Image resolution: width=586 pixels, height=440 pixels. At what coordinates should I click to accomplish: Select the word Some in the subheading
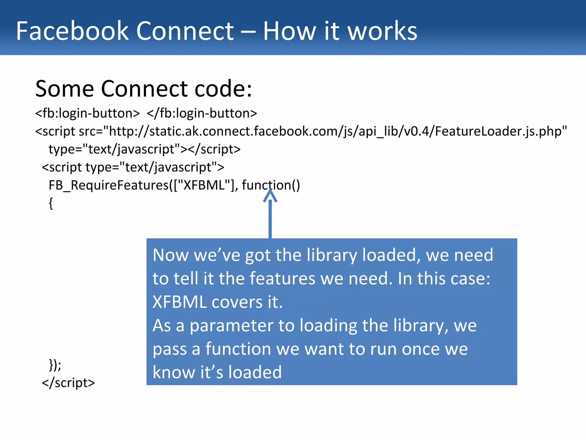click(x=64, y=89)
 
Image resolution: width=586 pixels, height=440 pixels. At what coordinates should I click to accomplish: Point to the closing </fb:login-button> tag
click(x=202, y=113)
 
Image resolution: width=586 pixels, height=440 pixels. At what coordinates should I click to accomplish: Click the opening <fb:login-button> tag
click(x=88, y=113)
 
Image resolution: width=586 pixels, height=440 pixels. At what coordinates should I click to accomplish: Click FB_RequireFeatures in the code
click(x=109, y=185)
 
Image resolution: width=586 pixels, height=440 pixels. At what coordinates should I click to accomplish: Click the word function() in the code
click(x=271, y=185)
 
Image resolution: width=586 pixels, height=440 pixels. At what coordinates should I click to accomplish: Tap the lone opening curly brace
click(x=51, y=203)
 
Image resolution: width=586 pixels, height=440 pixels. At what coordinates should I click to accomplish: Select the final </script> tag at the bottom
click(x=68, y=383)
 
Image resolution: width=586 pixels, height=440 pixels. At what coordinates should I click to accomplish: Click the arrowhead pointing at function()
click(x=270, y=196)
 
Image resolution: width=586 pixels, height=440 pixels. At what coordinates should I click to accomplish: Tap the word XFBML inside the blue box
click(x=179, y=302)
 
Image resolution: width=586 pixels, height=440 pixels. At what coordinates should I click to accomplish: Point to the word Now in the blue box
click(x=171, y=255)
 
